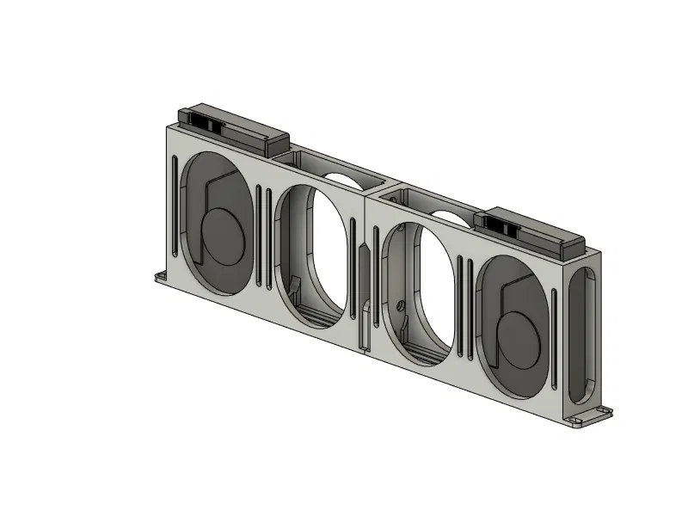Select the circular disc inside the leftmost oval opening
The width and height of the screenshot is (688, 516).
[x=225, y=236]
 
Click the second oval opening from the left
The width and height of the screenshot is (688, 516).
[x=314, y=254]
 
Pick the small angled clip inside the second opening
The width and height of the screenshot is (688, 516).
[x=295, y=285]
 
